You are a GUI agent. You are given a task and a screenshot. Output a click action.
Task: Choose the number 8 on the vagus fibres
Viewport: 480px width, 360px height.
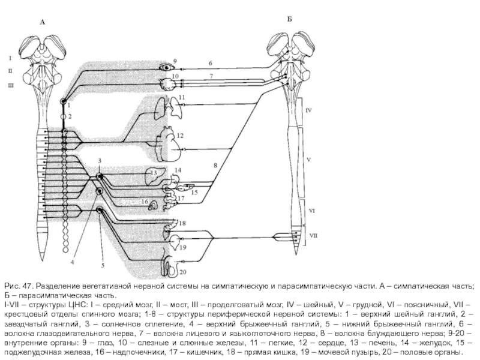(x=214, y=164)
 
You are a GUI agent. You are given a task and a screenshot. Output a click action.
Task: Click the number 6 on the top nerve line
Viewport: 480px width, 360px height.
(x=210, y=62)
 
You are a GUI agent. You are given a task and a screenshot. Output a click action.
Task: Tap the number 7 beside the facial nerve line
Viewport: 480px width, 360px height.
(x=211, y=76)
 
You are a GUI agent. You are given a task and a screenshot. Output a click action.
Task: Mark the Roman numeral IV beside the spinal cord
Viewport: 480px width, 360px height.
(x=308, y=111)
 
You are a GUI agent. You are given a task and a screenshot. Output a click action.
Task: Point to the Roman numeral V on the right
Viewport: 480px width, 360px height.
(x=308, y=161)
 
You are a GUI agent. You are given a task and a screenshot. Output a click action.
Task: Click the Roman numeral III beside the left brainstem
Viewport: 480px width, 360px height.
(x=10, y=86)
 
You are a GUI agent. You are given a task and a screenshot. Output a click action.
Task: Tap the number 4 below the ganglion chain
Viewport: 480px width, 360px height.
(x=73, y=262)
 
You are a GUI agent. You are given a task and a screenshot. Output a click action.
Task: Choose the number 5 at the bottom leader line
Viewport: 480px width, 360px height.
(x=103, y=265)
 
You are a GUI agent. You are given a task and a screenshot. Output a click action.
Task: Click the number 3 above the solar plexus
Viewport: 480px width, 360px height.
(x=100, y=161)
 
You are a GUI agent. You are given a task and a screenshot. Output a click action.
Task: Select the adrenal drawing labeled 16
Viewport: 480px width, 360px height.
(x=153, y=205)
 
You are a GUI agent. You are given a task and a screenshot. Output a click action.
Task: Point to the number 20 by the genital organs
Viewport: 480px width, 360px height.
(x=182, y=271)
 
